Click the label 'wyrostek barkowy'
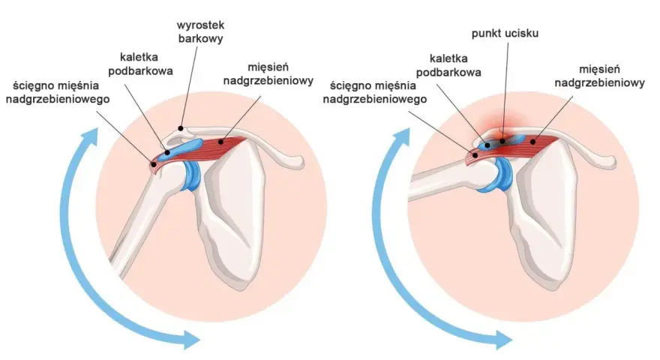click(x=200, y=31)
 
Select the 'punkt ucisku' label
click(x=505, y=33)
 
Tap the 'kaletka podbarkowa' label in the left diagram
click(x=140, y=64)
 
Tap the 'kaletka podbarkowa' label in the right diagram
click(x=448, y=65)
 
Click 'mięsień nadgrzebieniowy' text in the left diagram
click(x=268, y=73)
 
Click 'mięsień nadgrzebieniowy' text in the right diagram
click(x=599, y=76)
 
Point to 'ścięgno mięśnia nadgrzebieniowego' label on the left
click(x=58, y=92)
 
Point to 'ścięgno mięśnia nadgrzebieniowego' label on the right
click(x=374, y=92)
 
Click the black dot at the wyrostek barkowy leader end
click(x=181, y=128)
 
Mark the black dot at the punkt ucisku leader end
click(x=502, y=141)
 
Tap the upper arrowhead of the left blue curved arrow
click(x=90, y=137)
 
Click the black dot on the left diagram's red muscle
click(x=220, y=142)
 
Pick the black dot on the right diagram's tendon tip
click(x=475, y=155)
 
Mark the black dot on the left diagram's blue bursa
click(x=167, y=152)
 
